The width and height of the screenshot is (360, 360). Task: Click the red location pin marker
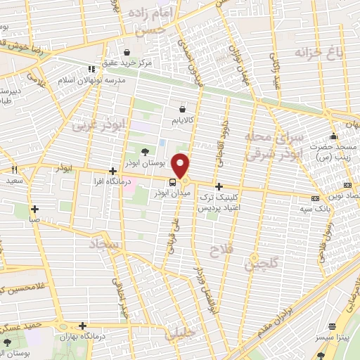click(x=181, y=166)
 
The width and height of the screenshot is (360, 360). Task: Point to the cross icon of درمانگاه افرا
click(x=112, y=171)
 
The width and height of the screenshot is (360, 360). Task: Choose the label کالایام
click(x=183, y=121)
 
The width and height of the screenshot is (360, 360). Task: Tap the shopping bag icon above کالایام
click(x=183, y=109)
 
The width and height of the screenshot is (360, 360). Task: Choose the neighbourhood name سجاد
click(x=105, y=244)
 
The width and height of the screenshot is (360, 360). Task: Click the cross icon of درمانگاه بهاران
click(x=83, y=326)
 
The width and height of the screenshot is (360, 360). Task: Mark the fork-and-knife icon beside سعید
click(x=14, y=169)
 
